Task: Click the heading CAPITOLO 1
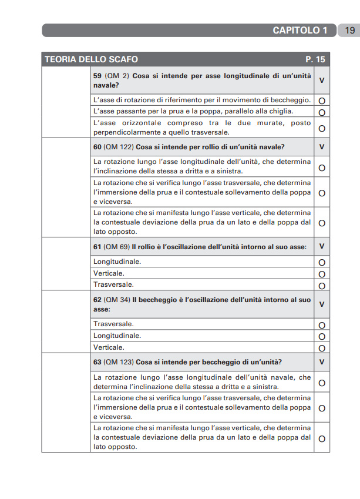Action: click(300, 31)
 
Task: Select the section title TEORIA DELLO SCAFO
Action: click(91, 59)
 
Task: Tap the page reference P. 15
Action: click(315, 59)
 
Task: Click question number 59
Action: click(97, 76)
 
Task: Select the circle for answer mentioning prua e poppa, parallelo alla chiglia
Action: click(322, 112)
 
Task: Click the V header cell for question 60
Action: click(322, 146)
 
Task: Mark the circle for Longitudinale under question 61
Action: click(322, 262)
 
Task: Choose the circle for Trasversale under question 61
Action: click(322, 286)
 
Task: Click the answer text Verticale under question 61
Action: click(109, 273)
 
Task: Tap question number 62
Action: click(97, 300)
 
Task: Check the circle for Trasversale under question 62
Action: click(322, 325)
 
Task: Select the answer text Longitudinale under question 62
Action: click(117, 336)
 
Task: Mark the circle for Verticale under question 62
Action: click(322, 348)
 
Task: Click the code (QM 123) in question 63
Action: click(118, 362)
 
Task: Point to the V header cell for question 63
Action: click(322, 362)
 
